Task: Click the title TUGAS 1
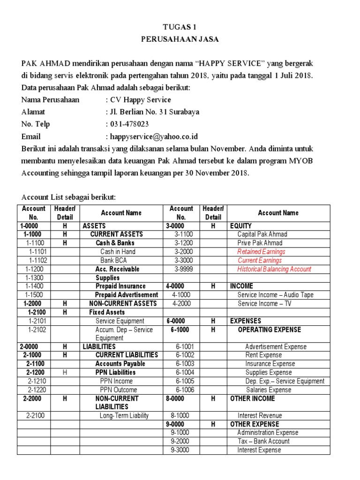180,27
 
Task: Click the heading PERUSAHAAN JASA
180,39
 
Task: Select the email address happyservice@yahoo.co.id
154,136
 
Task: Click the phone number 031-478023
129,124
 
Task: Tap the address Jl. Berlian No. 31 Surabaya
154,112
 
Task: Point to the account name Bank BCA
114,260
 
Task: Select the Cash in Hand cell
118,252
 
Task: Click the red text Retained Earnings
261,252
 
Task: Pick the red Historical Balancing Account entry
274,269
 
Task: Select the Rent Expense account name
263,355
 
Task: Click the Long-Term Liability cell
124,416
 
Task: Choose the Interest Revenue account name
260,416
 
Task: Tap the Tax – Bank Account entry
263,441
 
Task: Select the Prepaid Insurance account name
120,286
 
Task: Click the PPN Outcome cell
119,390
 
